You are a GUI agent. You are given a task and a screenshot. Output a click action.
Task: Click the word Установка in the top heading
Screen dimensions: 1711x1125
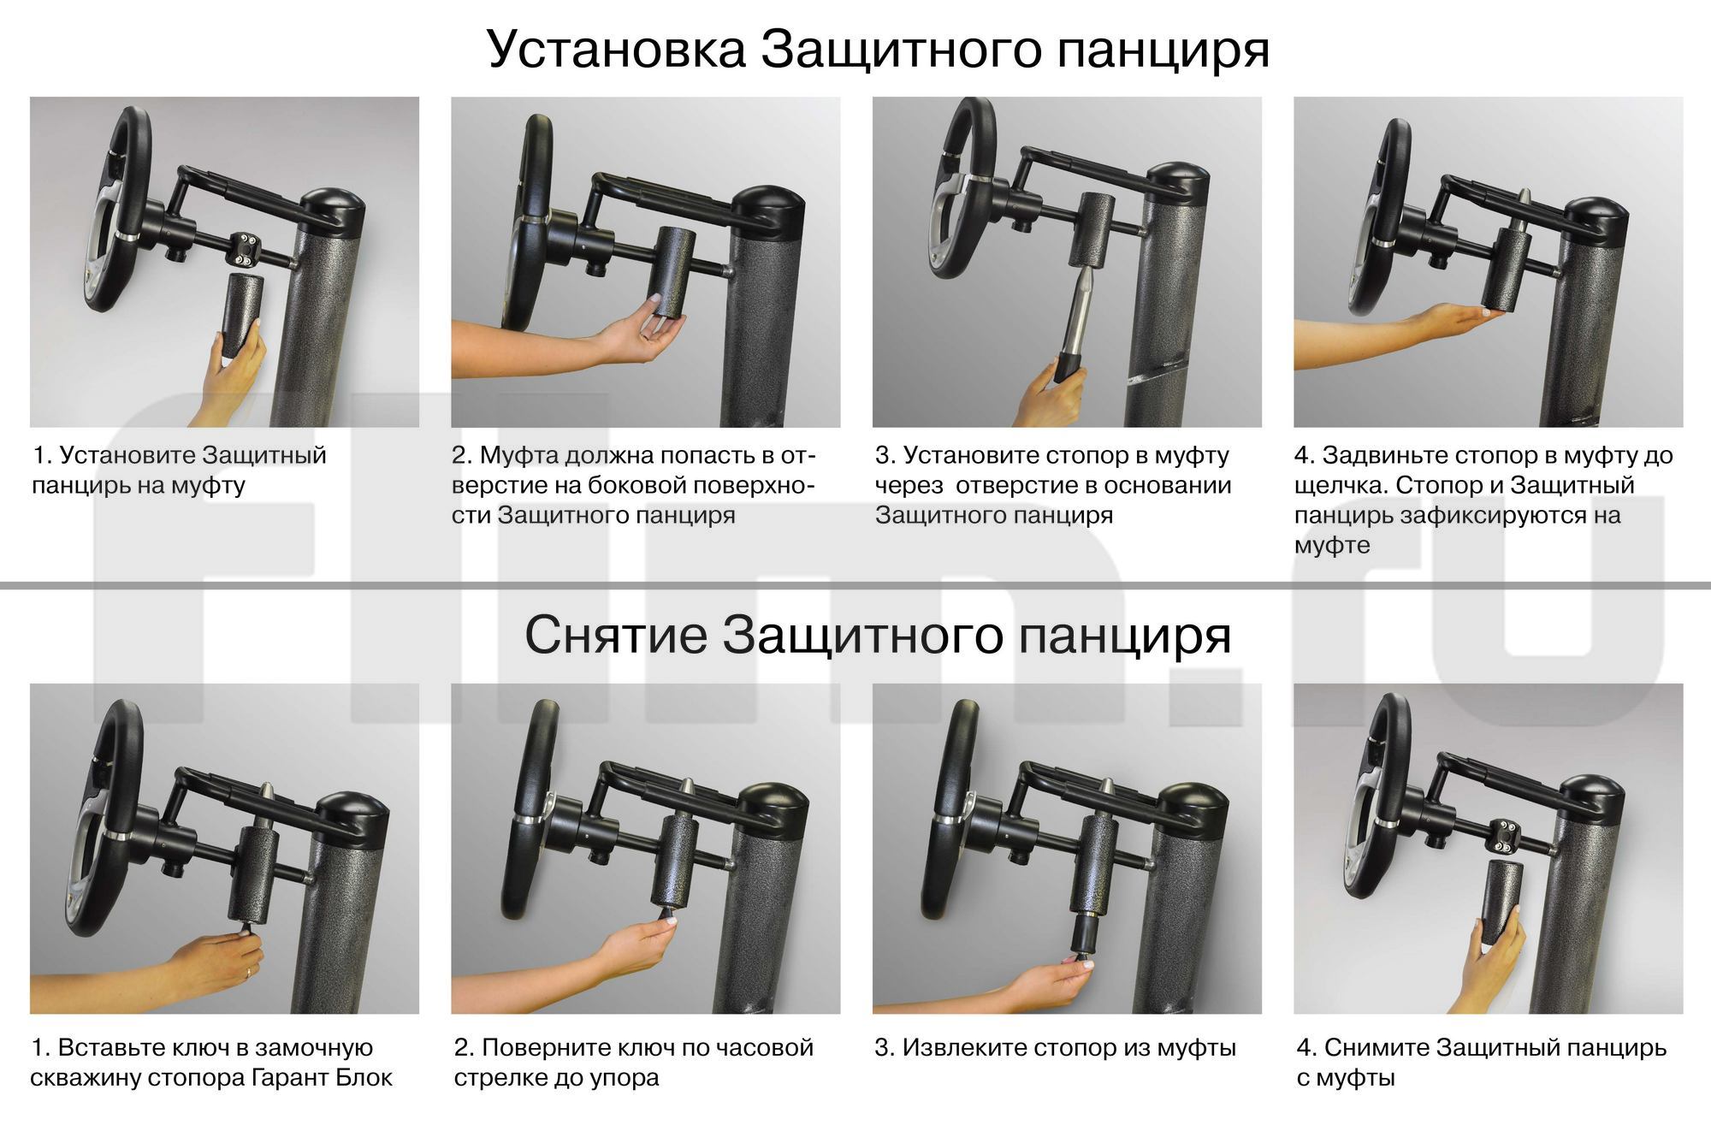(x=616, y=50)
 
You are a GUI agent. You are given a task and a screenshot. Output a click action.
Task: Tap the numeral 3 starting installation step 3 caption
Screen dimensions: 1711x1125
(x=882, y=455)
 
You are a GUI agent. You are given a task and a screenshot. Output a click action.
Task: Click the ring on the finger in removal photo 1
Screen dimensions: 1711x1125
(x=248, y=972)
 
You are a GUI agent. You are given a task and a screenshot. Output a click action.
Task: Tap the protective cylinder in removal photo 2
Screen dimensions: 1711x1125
(x=677, y=861)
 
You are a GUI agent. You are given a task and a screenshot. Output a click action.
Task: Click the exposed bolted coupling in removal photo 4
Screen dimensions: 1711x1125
(x=1509, y=832)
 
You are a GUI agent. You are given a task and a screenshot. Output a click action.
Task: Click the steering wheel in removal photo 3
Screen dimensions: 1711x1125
(x=950, y=808)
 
